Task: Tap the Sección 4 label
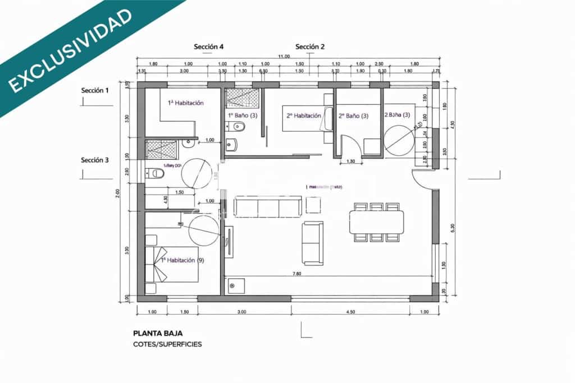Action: click(209, 47)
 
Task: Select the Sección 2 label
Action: click(310, 47)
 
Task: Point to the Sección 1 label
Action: click(95, 90)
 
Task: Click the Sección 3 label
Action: click(95, 160)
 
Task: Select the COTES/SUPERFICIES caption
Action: click(167, 344)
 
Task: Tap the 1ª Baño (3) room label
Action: click(243, 115)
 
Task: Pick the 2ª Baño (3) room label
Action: click(353, 116)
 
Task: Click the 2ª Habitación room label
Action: click(303, 116)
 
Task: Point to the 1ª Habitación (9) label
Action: click(182, 260)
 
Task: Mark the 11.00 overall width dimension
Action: click(284, 56)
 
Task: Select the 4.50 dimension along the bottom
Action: click(350, 312)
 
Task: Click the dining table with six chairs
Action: click(376, 221)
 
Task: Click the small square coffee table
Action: click(313, 205)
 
